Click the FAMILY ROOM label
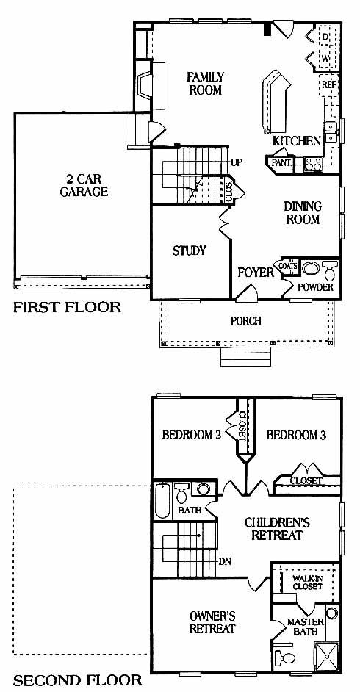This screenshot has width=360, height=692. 205,84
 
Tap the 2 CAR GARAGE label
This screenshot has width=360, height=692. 84,185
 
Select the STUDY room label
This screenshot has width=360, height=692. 190,251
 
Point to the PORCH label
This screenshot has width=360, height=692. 245,321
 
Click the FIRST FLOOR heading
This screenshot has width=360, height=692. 67,307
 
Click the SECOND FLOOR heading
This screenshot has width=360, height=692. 78,680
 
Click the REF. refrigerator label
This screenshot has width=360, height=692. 329,84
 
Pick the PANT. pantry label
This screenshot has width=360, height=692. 282,162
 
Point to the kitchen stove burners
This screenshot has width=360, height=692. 314,165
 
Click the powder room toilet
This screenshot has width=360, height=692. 330,270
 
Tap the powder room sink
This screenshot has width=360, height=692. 311,268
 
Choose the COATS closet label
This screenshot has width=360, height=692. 288,266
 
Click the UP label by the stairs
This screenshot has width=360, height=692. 236,162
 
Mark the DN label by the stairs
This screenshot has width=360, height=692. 225,562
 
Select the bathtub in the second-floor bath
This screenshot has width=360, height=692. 162,501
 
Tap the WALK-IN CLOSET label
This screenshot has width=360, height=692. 308,582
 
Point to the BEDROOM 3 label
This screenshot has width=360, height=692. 297,436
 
